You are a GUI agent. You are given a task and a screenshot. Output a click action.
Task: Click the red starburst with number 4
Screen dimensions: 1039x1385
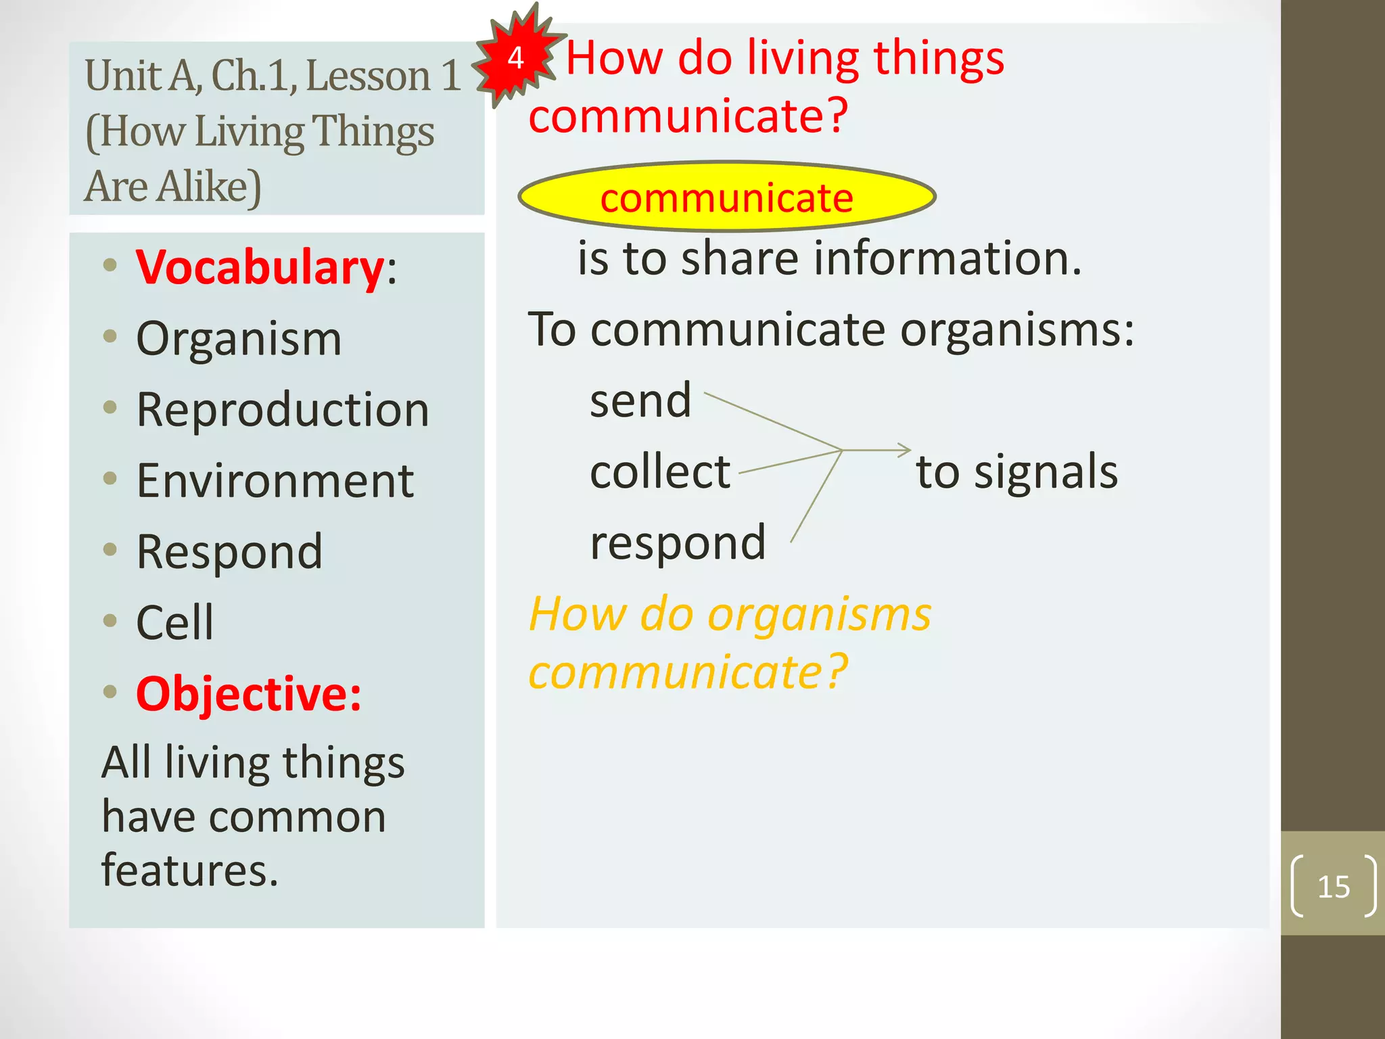coord(517,57)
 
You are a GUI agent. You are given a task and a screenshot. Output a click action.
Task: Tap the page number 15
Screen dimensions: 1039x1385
coord(1333,887)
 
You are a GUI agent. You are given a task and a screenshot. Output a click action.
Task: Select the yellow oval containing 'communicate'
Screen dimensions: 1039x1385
coord(726,197)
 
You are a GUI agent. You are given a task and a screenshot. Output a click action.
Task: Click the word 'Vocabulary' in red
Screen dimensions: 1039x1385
coord(260,267)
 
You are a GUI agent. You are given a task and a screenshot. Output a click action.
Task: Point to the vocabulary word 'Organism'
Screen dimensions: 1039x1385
coord(239,338)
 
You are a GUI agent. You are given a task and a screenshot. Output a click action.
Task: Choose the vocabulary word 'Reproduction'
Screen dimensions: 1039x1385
coord(283,410)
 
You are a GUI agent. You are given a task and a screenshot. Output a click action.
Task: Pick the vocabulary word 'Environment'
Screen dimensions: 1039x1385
coord(275,481)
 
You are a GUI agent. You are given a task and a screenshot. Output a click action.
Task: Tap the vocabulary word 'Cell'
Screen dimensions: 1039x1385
coord(174,622)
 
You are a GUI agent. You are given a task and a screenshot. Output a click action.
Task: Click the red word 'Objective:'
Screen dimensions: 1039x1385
coord(248,694)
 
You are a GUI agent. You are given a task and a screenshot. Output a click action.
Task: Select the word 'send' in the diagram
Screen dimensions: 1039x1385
coord(640,400)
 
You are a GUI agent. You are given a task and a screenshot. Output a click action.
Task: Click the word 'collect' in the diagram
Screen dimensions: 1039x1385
coord(660,471)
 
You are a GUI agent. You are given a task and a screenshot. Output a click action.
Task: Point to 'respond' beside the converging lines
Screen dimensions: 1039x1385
coord(678,542)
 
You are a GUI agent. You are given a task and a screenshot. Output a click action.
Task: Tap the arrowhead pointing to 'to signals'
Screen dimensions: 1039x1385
coord(905,450)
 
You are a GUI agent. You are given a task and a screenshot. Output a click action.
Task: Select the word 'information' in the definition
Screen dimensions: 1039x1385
coord(947,258)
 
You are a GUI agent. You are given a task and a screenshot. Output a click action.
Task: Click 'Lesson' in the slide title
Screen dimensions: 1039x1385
coord(368,75)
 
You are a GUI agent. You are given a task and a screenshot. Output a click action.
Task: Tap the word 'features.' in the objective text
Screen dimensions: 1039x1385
coord(189,871)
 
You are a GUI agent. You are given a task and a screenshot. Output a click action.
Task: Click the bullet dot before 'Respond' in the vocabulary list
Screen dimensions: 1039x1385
coord(110,549)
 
